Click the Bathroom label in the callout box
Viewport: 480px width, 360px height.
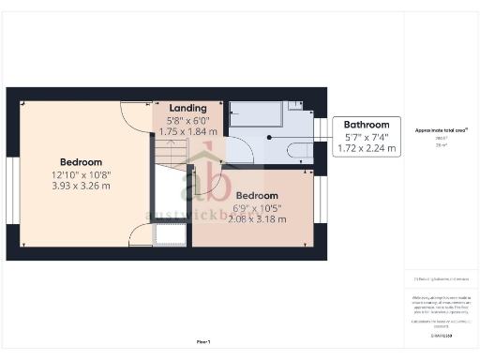click(x=366, y=125)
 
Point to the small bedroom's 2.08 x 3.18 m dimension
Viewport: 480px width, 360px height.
click(x=253, y=219)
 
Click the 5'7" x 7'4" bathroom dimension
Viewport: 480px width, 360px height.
click(x=366, y=138)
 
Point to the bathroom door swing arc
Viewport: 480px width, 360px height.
click(x=237, y=150)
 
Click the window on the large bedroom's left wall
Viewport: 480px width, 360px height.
click(x=11, y=191)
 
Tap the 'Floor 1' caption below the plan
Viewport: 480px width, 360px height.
click(x=203, y=341)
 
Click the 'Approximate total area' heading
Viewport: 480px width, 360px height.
click(x=441, y=130)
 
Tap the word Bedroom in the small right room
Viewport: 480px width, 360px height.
click(x=253, y=197)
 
